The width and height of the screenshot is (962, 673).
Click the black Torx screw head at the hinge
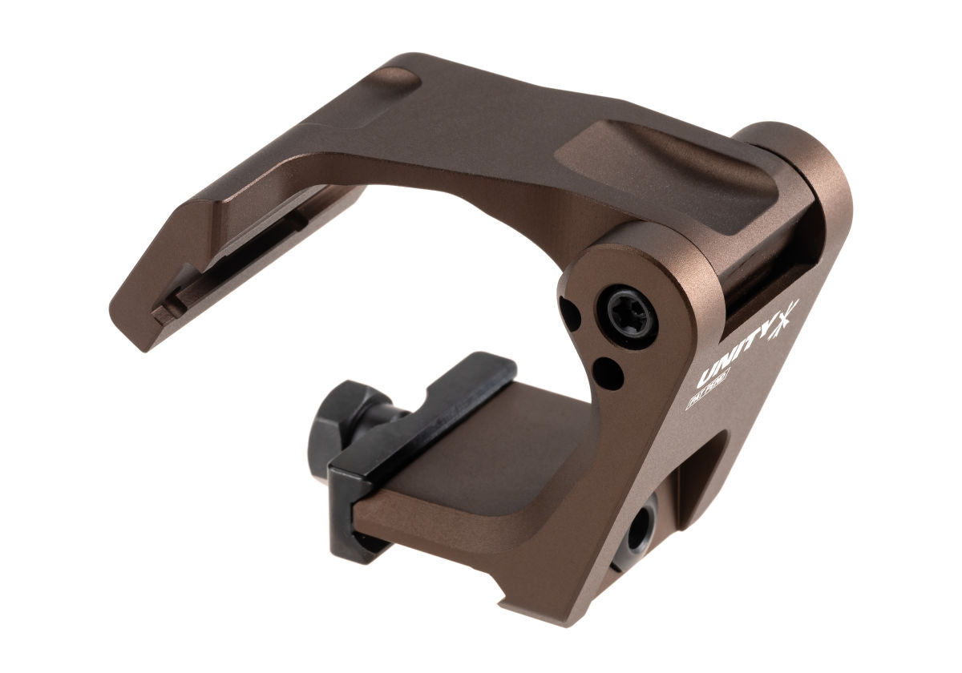pyautogui.click(x=631, y=312)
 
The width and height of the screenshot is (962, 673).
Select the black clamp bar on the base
pyautogui.click(x=417, y=433)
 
